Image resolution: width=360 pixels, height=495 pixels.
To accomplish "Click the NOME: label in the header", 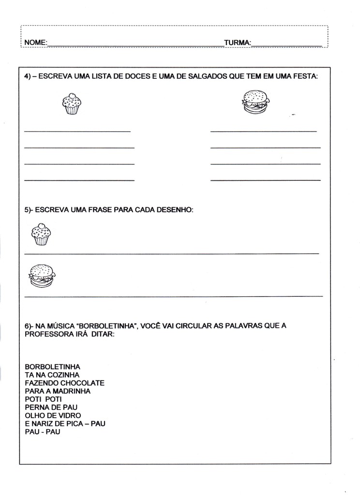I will (x=35, y=43).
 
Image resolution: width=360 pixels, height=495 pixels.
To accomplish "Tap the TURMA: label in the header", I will (x=238, y=43).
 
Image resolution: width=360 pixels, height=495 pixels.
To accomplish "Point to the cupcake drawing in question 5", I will (x=41, y=234).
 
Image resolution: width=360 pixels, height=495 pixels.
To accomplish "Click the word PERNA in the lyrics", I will (x=37, y=407).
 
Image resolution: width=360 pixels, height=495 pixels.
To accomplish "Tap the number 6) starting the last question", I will (x=28, y=326).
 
